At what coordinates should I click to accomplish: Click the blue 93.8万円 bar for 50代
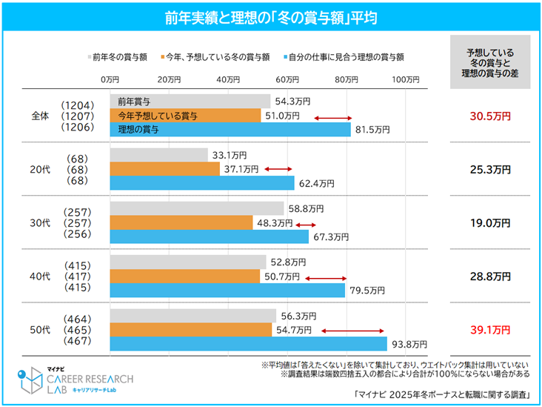click(248, 344)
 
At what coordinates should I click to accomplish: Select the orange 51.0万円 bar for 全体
click(185, 116)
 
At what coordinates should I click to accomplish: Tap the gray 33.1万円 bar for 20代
click(158, 155)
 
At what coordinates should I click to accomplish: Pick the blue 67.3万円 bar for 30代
click(209, 236)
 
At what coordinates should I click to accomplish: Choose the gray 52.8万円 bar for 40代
click(187, 262)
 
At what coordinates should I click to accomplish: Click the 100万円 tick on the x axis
click(405, 79)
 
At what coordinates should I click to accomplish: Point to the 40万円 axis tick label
click(229, 79)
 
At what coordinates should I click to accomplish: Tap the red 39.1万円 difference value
click(490, 329)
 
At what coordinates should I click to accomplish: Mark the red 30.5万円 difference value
click(490, 116)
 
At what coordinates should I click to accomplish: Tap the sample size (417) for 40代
click(77, 276)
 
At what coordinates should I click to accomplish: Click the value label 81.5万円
click(372, 130)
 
